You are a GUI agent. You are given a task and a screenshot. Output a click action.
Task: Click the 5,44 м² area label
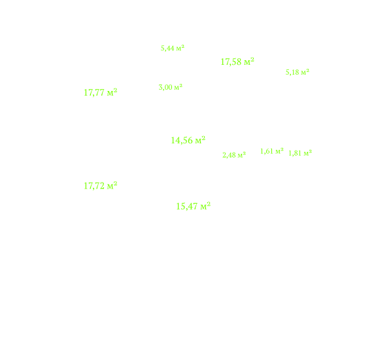coord(173,48)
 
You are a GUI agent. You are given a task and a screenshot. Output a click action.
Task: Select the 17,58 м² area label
coord(237,62)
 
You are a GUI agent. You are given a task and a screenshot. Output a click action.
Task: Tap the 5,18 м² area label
coord(298,72)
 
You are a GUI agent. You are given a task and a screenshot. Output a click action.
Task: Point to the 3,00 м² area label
coord(171,87)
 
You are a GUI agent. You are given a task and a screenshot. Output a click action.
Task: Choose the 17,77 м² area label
coord(101,92)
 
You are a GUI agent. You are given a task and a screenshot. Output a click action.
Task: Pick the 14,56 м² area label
coord(188,140)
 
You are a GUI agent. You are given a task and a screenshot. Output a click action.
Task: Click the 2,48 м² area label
coord(234,154)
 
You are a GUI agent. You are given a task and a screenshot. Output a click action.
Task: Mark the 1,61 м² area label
coord(272,151)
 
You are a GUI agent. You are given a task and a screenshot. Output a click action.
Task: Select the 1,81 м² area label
coord(300,153)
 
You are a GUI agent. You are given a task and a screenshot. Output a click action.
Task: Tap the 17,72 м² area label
coord(101,186)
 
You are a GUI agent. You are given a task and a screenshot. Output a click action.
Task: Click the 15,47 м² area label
coord(194,206)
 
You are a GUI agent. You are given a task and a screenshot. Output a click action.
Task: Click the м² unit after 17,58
coord(249,62)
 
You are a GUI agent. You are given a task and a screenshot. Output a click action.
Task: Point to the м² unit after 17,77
coord(112,92)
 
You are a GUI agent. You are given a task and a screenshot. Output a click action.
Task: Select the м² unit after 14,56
coord(200,140)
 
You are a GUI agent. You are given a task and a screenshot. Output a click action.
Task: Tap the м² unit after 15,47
coord(205,206)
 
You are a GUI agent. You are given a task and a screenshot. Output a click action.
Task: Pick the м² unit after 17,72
coord(112,186)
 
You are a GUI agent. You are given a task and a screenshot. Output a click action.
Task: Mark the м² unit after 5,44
coord(180,48)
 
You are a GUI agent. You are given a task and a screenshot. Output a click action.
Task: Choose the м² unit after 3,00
coord(179,87)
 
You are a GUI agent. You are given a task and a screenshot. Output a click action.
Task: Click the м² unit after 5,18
coord(305,72)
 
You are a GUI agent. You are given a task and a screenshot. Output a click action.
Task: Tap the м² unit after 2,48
coord(242,154)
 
